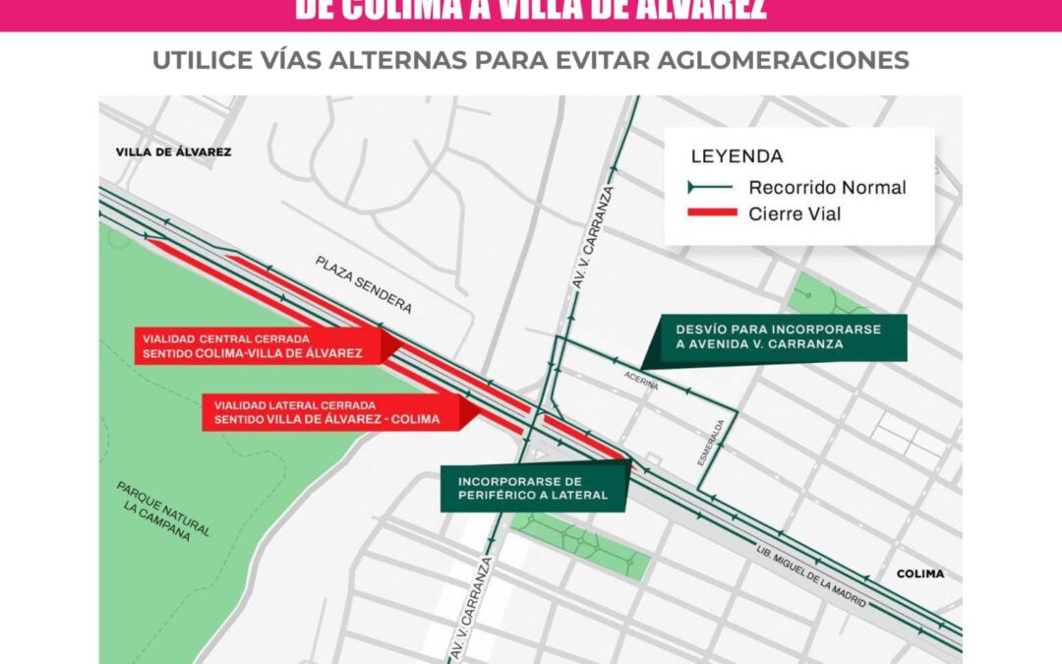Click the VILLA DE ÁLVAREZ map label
[x=173, y=152]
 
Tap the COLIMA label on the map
[x=919, y=573]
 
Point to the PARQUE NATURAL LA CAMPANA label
[x=163, y=510]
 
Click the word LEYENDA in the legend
[x=737, y=156]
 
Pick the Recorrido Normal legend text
[x=827, y=187]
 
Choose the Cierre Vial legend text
[x=795, y=213]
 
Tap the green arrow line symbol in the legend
[x=712, y=187]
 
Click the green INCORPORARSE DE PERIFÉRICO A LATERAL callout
[x=532, y=488]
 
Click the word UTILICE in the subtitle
[x=197, y=60]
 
